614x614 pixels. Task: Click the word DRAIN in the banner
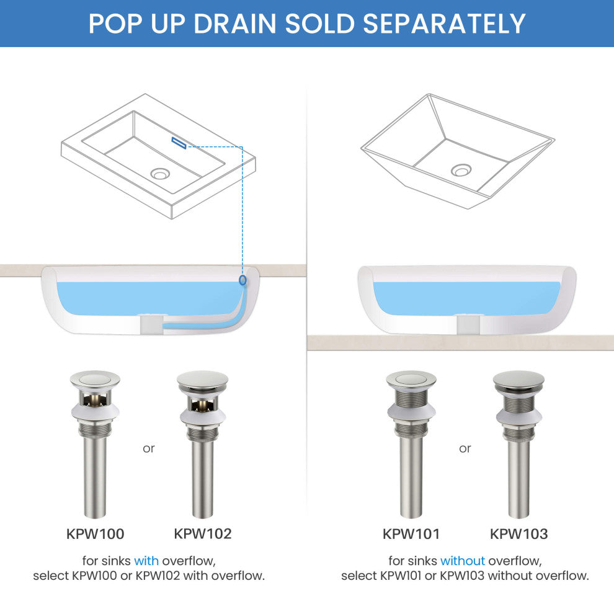(235, 24)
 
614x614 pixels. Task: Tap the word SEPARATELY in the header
(444, 24)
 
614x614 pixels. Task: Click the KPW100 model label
(95, 534)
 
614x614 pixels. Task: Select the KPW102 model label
(202, 534)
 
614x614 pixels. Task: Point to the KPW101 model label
(411, 534)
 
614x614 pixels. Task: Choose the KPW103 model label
(519, 534)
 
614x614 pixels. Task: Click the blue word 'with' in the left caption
(146, 561)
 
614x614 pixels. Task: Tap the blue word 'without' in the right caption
(463, 561)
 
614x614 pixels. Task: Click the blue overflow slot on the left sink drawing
(179, 143)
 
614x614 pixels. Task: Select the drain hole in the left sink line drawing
(160, 173)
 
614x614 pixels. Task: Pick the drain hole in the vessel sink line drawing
(461, 171)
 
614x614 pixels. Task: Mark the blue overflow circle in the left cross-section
(242, 280)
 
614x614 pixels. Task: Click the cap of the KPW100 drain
(95, 380)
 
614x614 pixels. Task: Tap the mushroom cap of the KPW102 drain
(202, 380)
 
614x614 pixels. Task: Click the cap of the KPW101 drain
(411, 380)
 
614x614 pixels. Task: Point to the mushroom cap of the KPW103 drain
(519, 380)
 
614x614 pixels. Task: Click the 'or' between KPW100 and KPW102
(149, 449)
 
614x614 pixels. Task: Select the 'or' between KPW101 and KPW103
(465, 449)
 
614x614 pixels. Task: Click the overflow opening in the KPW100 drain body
(95, 399)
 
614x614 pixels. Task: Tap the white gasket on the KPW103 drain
(519, 416)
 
